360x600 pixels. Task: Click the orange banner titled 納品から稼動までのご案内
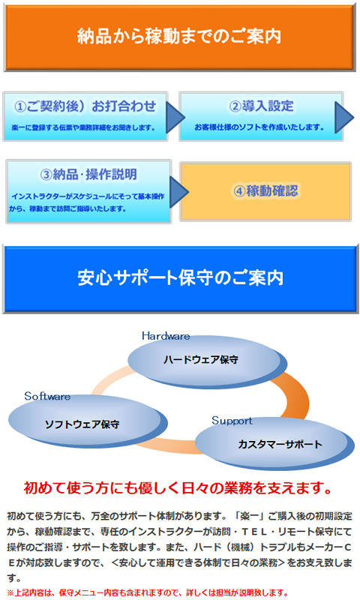(x=180, y=37)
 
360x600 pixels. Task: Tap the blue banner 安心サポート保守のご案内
(x=181, y=278)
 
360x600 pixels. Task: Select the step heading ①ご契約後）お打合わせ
(x=85, y=106)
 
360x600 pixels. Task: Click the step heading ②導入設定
(x=261, y=106)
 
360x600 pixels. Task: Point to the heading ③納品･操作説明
(x=88, y=175)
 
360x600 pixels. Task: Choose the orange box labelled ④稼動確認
(x=265, y=191)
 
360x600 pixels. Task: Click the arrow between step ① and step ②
(x=175, y=117)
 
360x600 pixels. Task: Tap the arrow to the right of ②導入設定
(x=344, y=117)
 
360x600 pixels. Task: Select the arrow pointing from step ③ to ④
(x=179, y=192)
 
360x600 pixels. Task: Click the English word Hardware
(x=166, y=336)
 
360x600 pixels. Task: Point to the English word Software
(x=47, y=396)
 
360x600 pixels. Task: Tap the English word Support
(x=232, y=421)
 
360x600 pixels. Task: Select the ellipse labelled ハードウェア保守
(x=207, y=361)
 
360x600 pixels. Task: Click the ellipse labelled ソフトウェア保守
(x=88, y=421)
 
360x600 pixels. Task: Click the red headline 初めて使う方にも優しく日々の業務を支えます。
(x=178, y=488)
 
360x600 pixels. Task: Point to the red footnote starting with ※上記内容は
(x=148, y=592)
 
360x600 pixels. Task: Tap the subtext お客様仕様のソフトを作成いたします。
(x=259, y=127)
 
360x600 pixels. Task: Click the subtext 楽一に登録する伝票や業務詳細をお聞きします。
(x=83, y=127)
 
